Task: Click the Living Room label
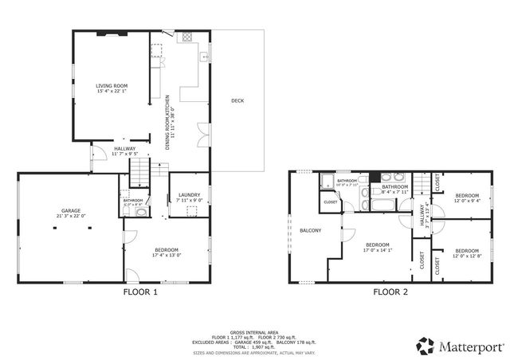(112, 85)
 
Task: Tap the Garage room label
(71, 210)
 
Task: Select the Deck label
(237, 100)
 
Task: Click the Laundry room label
(189, 194)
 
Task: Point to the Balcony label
(310, 231)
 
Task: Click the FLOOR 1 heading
(140, 292)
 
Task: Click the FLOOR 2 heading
(390, 292)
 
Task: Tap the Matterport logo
(459, 345)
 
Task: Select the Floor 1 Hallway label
(124, 148)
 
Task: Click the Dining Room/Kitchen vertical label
(168, 123)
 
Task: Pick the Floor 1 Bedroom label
(167, 250)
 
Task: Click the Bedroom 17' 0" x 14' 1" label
(377, 245)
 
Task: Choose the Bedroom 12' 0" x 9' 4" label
(467, 196)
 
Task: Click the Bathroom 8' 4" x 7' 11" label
(394, 188)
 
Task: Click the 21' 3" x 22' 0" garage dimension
(71, 216)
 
